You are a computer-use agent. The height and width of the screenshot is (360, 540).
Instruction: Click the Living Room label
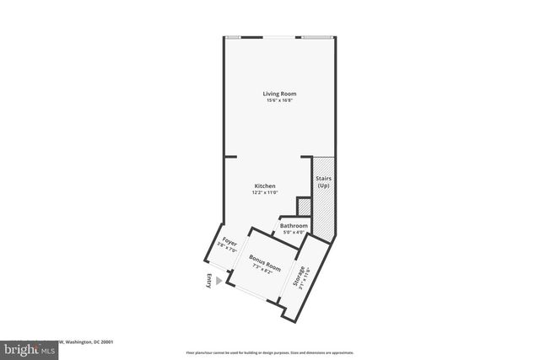coord(279,94)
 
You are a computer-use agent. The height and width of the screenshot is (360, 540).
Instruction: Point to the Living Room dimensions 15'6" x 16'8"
coord(279,101)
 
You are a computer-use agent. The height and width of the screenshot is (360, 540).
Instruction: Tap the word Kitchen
coord(265,185)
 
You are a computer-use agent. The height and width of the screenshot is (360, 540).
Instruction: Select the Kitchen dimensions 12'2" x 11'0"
coord(265,193)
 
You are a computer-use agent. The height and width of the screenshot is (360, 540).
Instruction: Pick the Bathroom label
coord(294,225)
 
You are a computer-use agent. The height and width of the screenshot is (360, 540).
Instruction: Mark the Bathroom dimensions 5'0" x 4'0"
coord(294,232)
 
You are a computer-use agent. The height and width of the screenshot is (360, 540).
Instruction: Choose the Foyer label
coord(225,242)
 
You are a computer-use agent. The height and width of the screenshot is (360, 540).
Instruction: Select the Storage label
coord(299,278)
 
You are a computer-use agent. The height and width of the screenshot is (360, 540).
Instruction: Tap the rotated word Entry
coord(208,281)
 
